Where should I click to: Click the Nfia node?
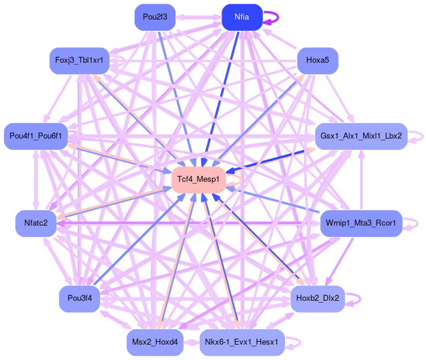(x=242, y=17)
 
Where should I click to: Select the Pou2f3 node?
(x=155, y=17)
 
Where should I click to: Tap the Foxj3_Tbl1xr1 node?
(x=79, y=60)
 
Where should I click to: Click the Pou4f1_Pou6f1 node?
(x=36, y=136)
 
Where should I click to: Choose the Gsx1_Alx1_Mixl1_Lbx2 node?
(x=361, y=136)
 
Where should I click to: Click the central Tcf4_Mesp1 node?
(x=198, y=179)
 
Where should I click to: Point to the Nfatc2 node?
(x=36, y=223)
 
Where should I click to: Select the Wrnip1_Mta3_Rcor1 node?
(x=361, y=224)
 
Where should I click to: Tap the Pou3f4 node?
(x=79, y=298)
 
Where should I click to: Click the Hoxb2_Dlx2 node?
(x=318, y=298)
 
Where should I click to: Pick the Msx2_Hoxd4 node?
(x=155, y=343)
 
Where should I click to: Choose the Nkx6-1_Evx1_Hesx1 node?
(x=242, y=343)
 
